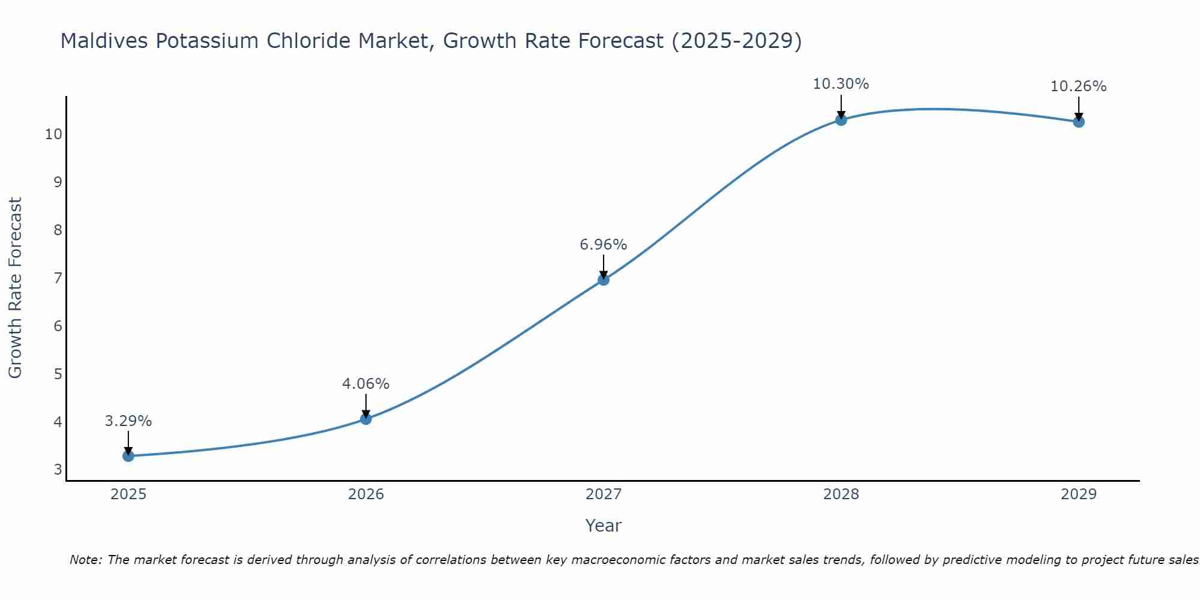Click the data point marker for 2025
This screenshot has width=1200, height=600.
[128, 456]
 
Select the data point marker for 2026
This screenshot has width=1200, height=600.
[366, 419]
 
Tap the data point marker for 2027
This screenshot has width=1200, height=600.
[604, 280]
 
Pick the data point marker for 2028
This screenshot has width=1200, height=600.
[841, 120]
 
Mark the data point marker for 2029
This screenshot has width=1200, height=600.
[1079, 122]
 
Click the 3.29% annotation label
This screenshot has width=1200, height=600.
[128, 421]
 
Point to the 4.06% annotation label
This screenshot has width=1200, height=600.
[366, 384]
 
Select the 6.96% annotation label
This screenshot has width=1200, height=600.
[604, 245]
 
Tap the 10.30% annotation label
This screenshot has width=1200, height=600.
[841, 84]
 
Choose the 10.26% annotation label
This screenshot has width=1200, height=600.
[1079, 86]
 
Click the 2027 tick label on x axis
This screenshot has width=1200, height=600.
[604, 494]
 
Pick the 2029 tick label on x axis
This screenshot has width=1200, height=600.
[1079, 494]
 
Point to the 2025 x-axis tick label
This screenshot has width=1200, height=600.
[128, 494]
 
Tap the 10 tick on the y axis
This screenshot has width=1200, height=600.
[53, 134]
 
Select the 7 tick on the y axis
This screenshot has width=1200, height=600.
[58, 278]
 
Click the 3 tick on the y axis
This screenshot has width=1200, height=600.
[58, 470]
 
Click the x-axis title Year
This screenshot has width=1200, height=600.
[604, 526]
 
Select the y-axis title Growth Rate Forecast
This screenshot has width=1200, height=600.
[15, 288]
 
